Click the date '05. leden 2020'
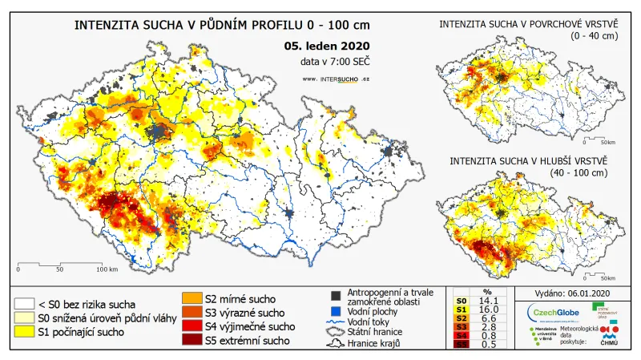[327, 47]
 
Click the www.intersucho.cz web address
[337, 79]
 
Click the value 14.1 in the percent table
[487, 300]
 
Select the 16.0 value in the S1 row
[487, 309]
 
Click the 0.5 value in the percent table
[487, 345]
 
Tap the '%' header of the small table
[487, 291]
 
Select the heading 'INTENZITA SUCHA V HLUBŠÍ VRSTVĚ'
[528, 160]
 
